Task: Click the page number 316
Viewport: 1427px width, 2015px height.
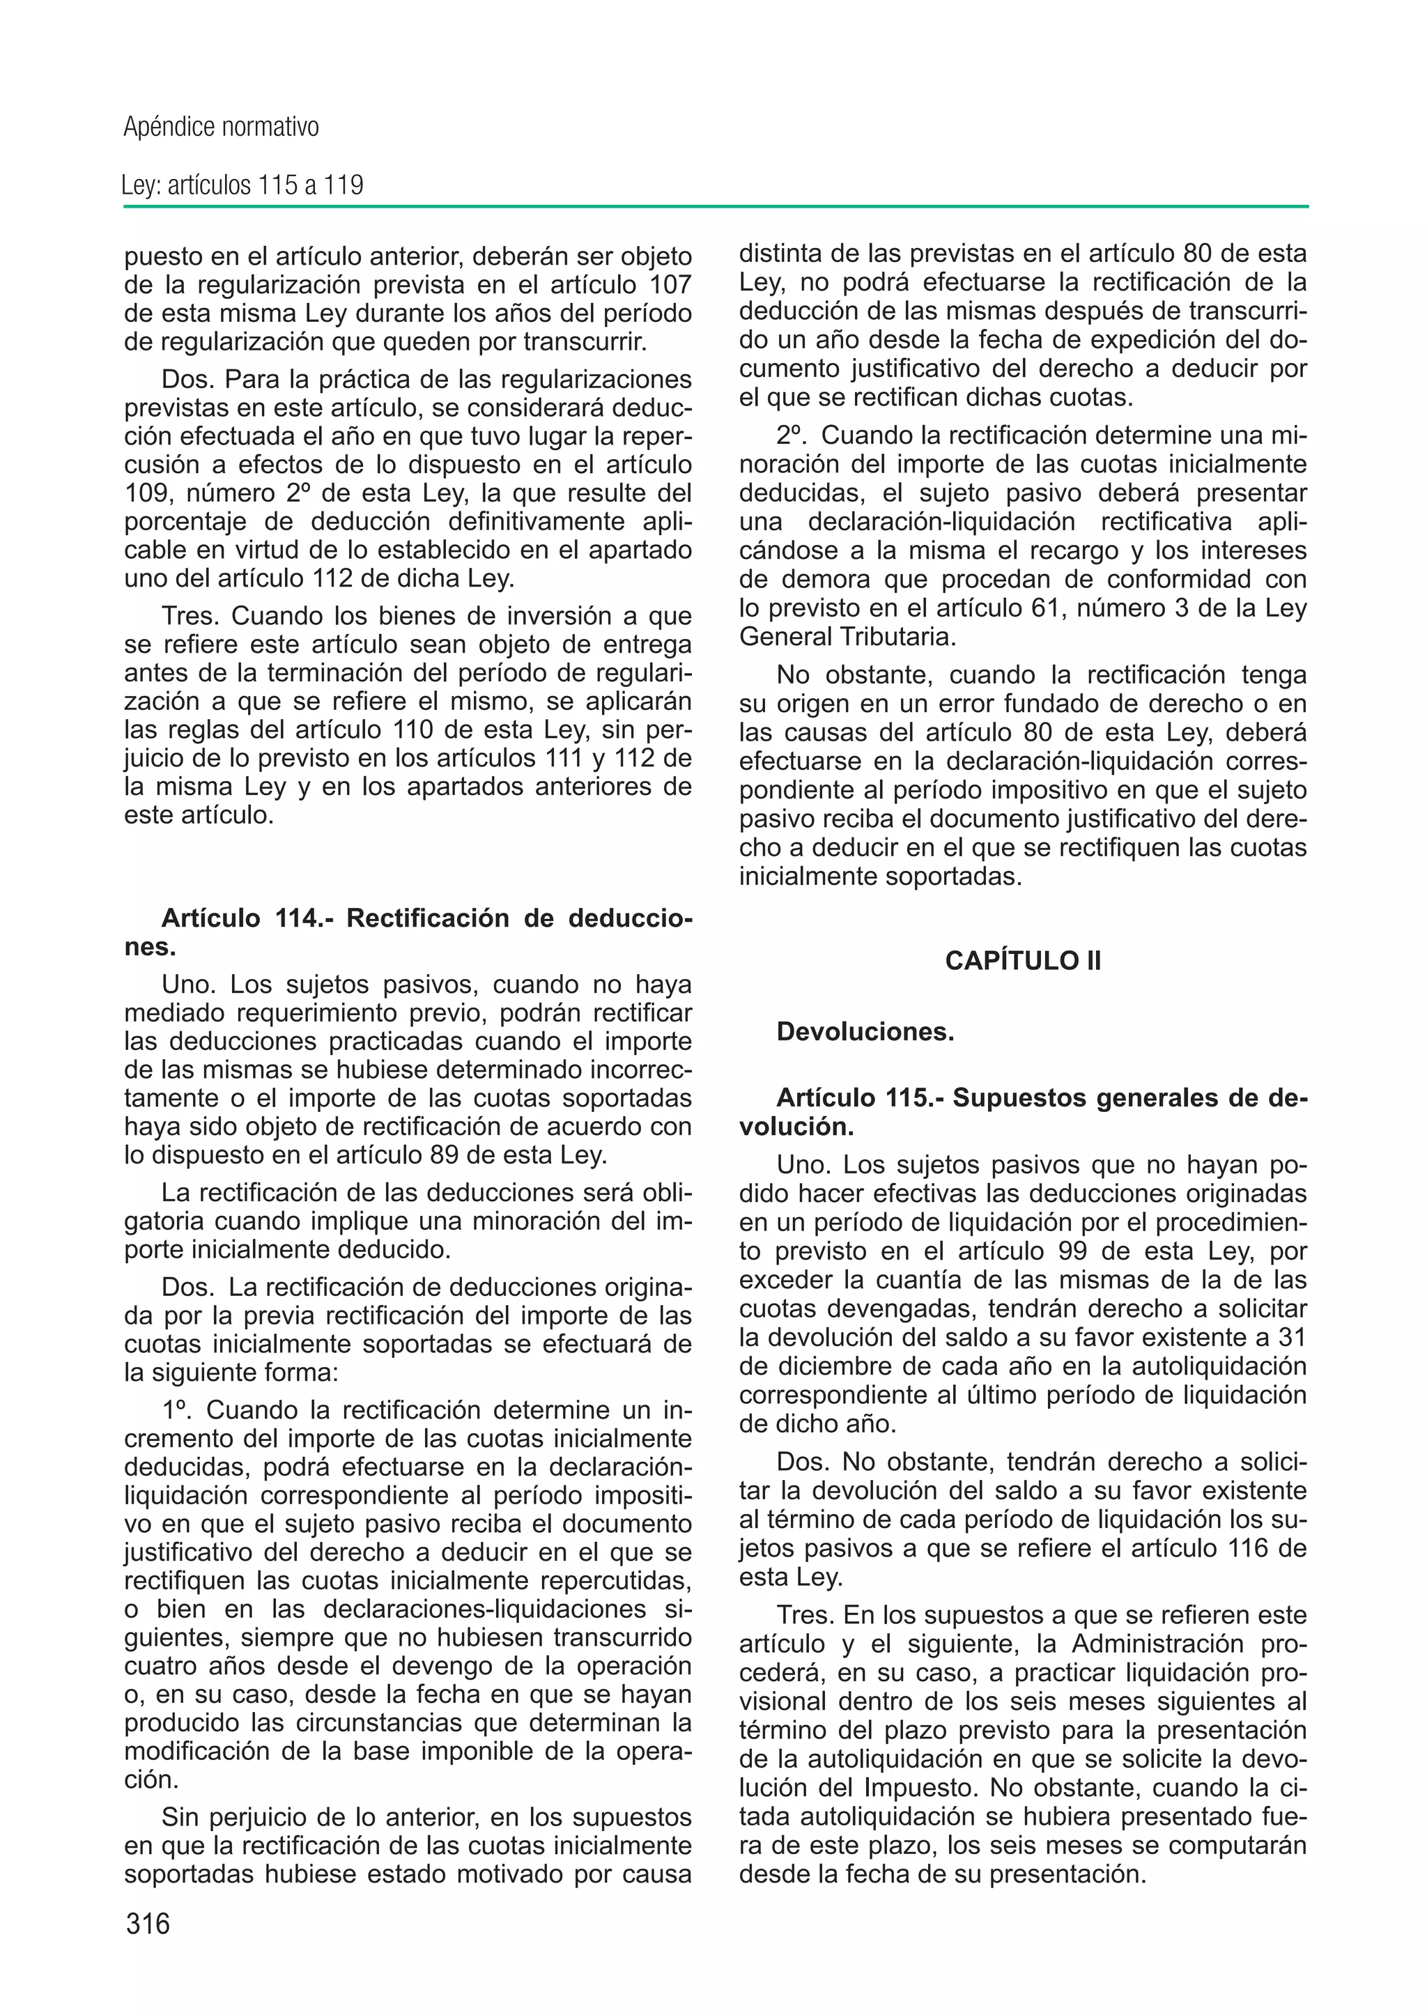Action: tap(148, 1924)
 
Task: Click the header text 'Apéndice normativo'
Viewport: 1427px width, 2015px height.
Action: tap(221, 128)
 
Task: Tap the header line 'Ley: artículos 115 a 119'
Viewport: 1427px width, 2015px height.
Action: tap(242, 185)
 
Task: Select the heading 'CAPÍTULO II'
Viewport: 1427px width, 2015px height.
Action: tap(1023, 961)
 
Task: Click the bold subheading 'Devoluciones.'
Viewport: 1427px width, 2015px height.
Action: tap(865, 1032)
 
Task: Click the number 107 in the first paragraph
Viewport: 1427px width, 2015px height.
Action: tap(670, 286)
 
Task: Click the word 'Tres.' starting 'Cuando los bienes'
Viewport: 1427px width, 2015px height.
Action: tap(192, 616)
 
